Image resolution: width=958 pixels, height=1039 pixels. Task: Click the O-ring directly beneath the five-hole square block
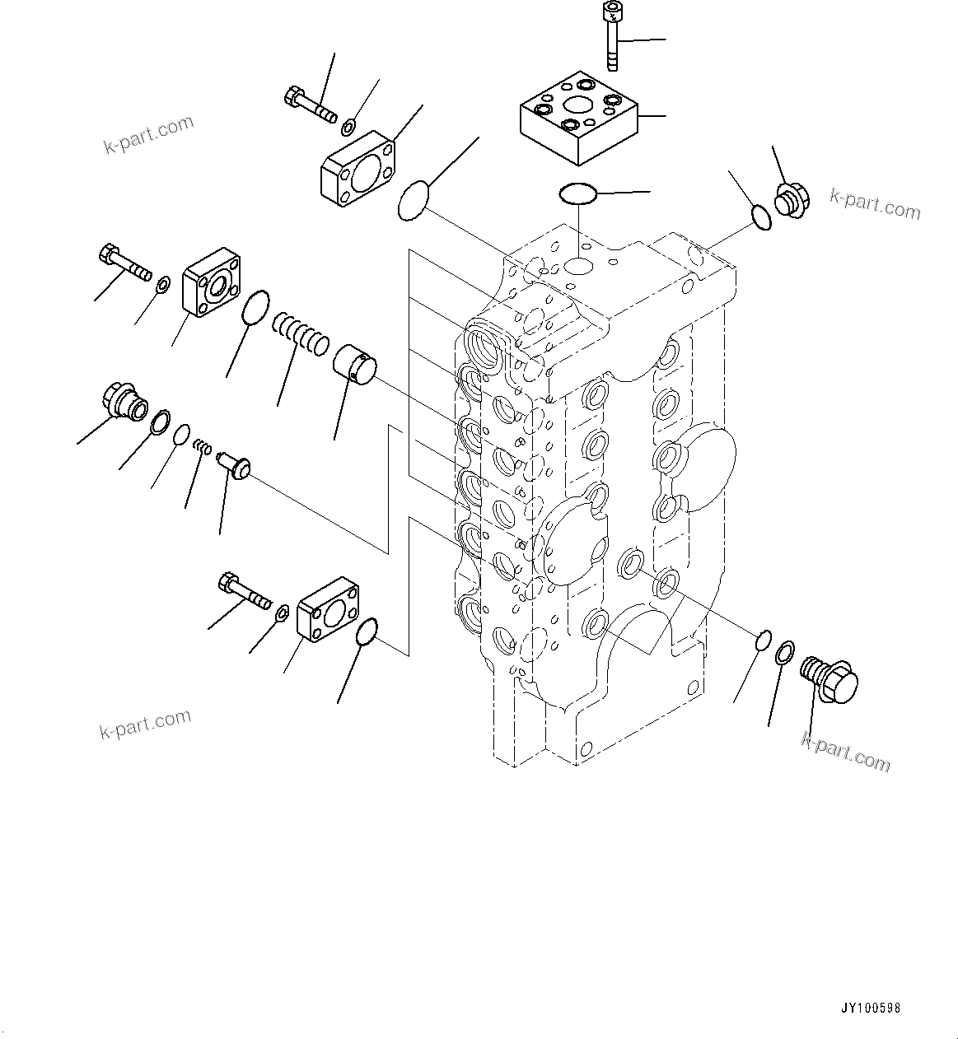click(x=578, y=193)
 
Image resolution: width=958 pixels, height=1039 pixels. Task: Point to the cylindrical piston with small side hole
click(x=354, y=365)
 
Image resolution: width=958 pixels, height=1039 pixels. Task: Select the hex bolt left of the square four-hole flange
click(x=124, y=261)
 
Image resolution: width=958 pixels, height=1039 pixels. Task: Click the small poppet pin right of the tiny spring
click(x=233, y=464)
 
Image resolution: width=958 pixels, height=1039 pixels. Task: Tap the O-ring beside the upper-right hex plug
click(x=762, y=216)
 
